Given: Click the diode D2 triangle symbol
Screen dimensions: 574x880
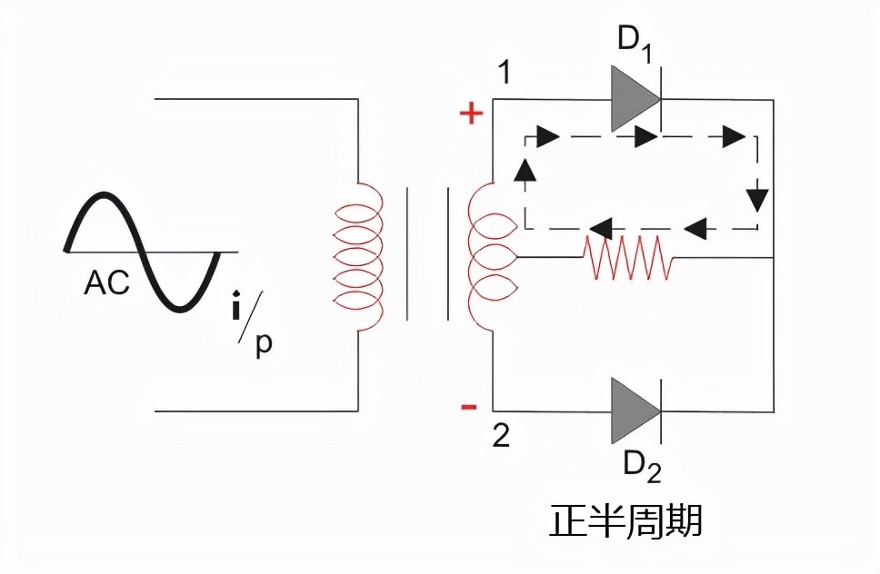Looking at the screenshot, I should coord(634,409).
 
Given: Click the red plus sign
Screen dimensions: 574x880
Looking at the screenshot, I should coord(470,114).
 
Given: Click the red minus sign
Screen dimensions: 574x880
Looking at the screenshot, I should coord(469,406).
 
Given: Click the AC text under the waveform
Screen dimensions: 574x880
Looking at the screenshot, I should coord(107,283).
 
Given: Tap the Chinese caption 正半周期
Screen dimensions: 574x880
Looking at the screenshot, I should coord(627,520).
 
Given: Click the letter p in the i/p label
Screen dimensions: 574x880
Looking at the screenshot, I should coord(264,346).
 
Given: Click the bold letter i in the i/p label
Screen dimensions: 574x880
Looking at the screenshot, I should coord(235,309).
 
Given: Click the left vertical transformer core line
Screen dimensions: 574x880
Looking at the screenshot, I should coord(406,254).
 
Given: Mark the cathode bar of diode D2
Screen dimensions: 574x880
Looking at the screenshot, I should coord(659,409).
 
